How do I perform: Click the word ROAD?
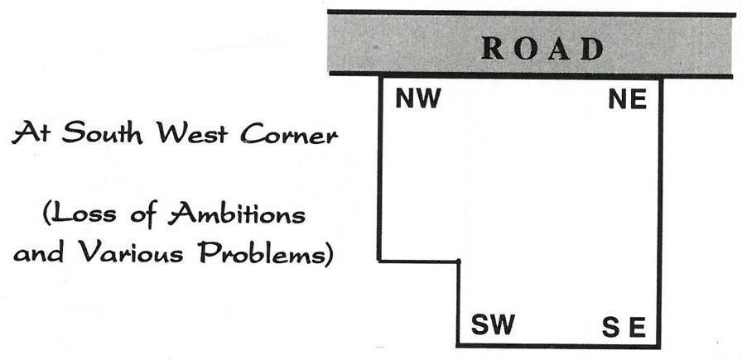(543, 48)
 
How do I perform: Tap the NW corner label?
(418, 100)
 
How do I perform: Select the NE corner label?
(627, 100)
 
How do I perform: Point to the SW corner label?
(493, 325)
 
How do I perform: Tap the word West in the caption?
(196, 132)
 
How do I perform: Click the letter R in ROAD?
(494, 48)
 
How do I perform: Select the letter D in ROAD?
(592, 48)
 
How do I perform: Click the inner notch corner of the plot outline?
(458, 262)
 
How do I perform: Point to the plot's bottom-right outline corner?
(661, 345)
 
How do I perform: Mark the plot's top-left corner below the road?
(380, 78)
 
